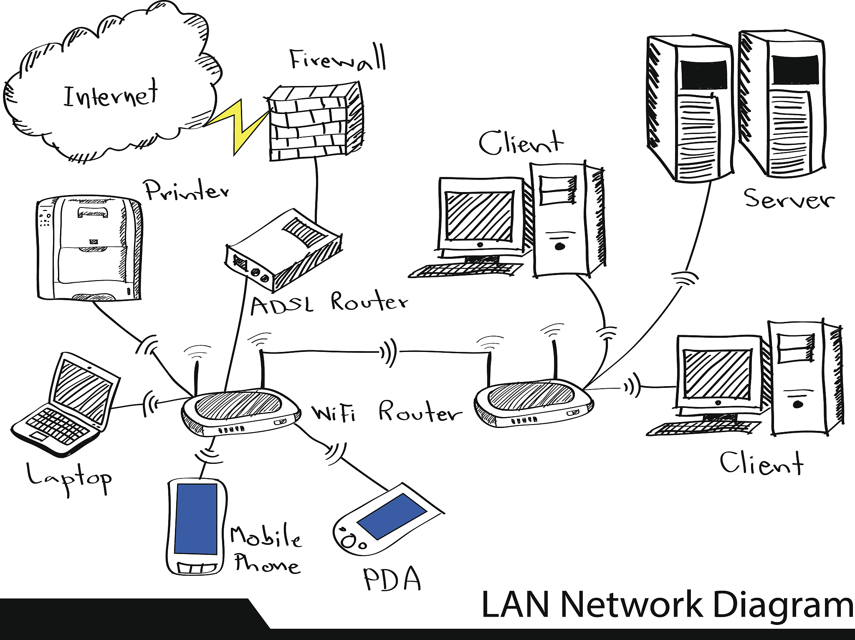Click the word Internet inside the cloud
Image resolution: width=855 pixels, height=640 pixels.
point(111,95)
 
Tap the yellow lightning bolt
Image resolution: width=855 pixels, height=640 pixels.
point(240,123)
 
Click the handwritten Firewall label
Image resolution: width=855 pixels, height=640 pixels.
point(337,60)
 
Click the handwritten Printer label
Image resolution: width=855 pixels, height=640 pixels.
point(186,191)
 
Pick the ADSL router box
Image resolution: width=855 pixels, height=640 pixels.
point(284,250)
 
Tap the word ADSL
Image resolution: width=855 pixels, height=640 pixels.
point(282,306)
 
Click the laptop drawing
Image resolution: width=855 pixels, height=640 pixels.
point(67,405)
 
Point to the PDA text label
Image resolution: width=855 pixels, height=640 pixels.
point(392,579)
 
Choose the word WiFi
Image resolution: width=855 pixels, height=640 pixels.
point(334,413)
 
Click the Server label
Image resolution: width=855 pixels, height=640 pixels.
point(789,199)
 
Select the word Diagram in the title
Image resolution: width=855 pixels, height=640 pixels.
point(783,605)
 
